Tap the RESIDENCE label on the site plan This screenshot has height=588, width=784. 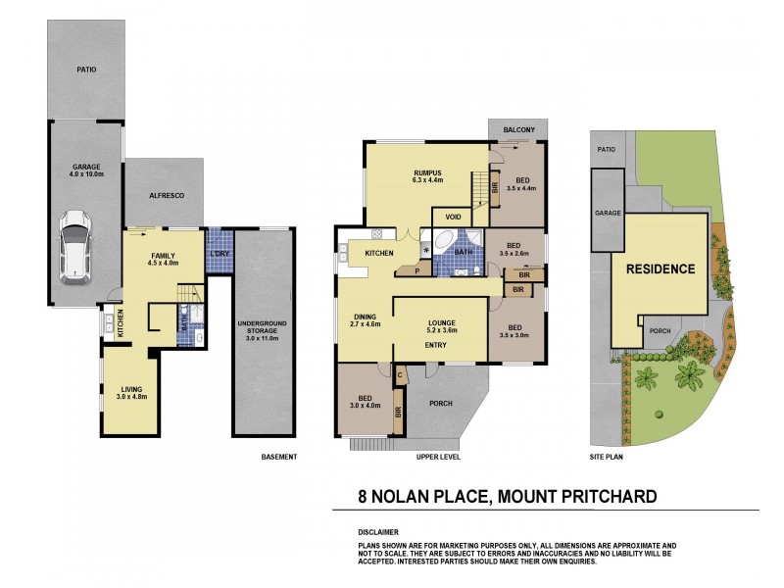[x=661, y=269]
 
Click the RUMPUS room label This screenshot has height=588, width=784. [x=427, y=175]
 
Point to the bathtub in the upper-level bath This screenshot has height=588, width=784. [x=442, y=241]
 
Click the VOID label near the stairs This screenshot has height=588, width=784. [x=453, y=217]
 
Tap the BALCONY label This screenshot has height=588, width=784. [x=519, y=129]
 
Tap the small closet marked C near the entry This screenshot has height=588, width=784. [x=401, y=372]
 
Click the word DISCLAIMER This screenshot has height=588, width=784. [x=378, y=530]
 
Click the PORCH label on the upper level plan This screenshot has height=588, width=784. [x=440, y=402]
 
